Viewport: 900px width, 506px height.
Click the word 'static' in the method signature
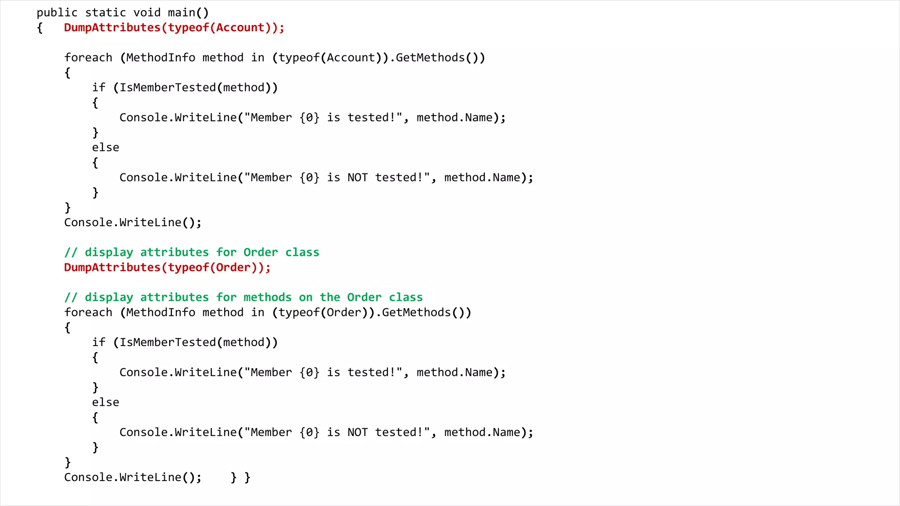click(x=105, y=13)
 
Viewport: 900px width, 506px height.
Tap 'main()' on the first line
click(x=188, y=13)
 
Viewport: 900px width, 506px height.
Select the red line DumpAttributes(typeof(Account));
click(x=174, y=28)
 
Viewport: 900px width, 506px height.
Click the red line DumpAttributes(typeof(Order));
click(x=167, y=267)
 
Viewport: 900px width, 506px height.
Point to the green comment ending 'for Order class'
click(x=192, y=253)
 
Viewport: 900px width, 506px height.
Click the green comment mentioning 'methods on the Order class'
click(x=243, y=297)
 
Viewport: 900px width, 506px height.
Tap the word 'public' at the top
click(x=57, y=13)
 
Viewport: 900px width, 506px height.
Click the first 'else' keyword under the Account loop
click(x=105, y=148)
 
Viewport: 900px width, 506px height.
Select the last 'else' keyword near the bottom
click(x=105, y=402)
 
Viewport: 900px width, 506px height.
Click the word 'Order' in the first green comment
click(x=261, y=253)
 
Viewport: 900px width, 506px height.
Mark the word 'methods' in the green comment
click(x=267, y=297)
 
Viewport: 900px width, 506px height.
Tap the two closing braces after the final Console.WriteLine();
click(x=240, y=477)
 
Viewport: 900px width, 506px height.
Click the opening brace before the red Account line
click(x=40, y=28)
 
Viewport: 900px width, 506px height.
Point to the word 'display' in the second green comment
click(x=109, y=297)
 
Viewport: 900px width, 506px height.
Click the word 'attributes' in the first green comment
click(x=174, y=253)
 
